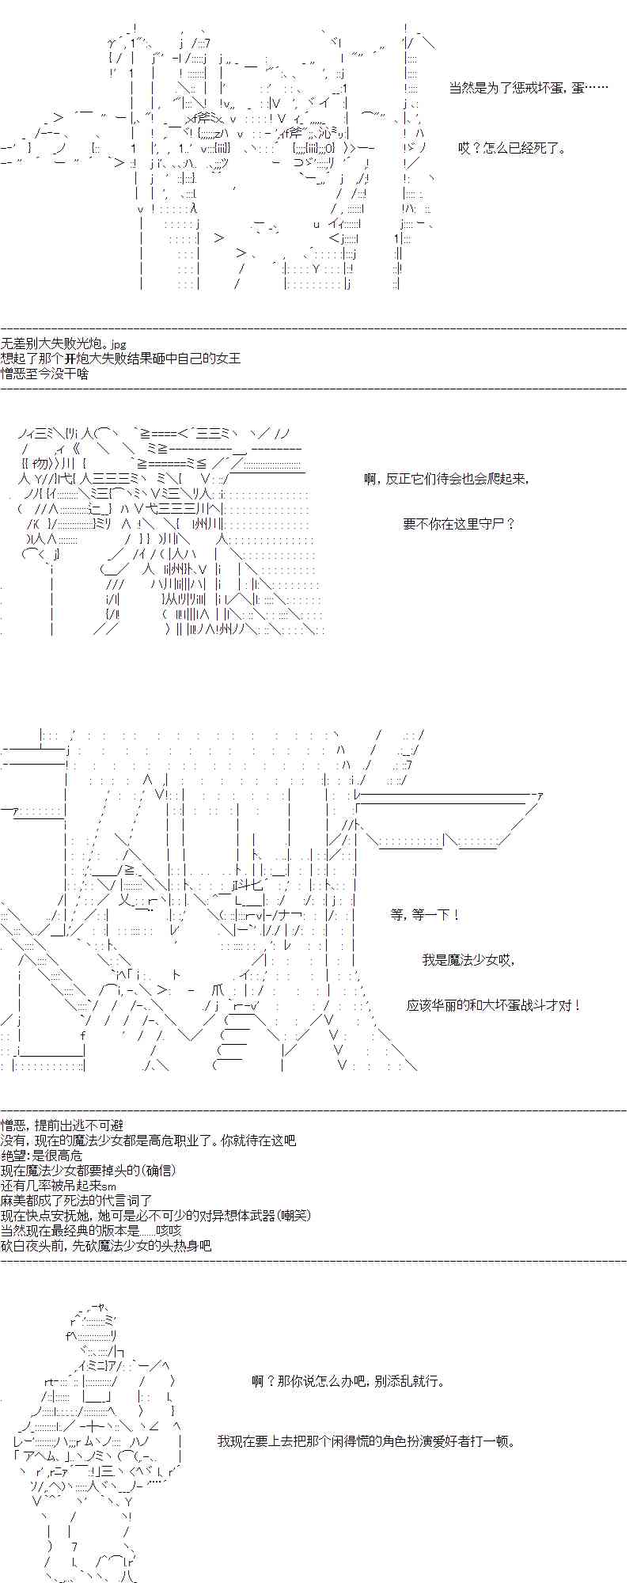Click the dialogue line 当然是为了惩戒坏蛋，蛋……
(x=529, y=88)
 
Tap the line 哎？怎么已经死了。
(x=512, y=148)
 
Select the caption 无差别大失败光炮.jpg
(x=64, y=344)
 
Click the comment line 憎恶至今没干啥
(x=45, y=373)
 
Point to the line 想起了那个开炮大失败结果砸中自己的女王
(x=121, y=359)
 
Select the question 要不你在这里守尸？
(x=459, y=523)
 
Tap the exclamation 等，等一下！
(x=425, y=914)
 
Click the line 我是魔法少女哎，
(x=468, y=960)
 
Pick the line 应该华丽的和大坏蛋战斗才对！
(x=495, y=1005)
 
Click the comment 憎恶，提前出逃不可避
(x=62, y=1125)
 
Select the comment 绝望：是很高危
(x=48, y=1155)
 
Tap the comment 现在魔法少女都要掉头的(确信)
(x=89, y=1170)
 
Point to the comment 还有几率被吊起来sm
(x=59, y=1185)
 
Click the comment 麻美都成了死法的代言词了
(x=76, y=1200)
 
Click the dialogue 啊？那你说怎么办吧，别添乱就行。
(x=348, y=1381)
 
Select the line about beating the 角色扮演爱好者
(x=366, y=1441)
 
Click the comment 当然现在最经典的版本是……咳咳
(x=92, y=1230)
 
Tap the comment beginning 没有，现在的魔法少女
(x=149, y=1140)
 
